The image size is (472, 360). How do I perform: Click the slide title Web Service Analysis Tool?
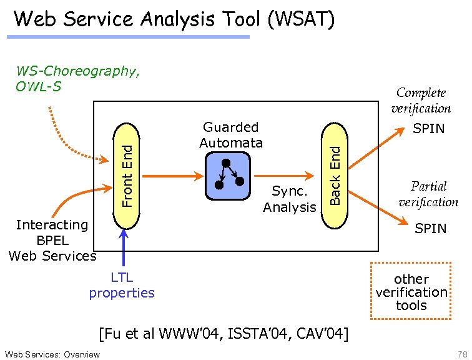coord(174,19)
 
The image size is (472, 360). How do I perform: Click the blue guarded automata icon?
coord(227,176)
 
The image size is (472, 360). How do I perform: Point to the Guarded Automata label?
coord(231,135)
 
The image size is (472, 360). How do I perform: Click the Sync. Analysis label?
coord(289,199)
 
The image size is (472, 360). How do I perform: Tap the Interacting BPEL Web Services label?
coord(52,240)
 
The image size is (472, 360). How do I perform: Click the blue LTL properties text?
coord(122,285)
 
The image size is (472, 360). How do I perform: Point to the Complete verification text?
coord(421,100)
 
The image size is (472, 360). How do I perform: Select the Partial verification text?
coord(428,194)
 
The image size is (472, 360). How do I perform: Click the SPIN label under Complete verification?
coord(429,129)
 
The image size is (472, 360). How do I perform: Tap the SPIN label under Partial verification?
coord(431,229)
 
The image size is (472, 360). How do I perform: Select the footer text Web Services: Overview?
coord(51,354)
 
